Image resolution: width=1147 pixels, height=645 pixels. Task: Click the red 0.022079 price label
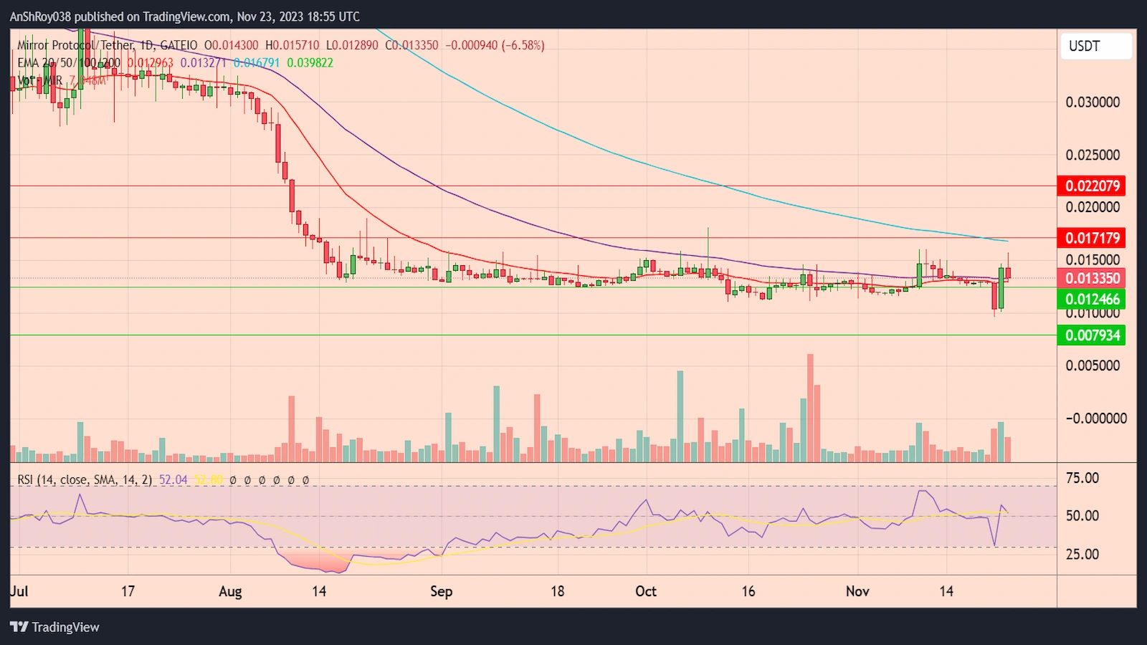[1091, 186]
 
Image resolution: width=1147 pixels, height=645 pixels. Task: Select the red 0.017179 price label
[1091, 238]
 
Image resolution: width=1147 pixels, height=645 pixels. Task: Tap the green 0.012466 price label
[1091, 300]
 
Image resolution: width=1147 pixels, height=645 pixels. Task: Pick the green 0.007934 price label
[1091, 335]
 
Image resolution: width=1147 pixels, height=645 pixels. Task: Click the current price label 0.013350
[1091, 278]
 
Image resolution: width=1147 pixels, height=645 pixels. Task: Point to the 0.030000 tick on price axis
[1093, 102]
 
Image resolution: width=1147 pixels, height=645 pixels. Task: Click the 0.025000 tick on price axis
[1093, 155]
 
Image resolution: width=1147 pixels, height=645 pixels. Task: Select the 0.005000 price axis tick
[1093, 365]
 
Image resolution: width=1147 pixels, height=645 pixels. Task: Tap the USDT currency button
[1095, 47]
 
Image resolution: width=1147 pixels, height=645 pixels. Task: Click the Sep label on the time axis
[441, 591]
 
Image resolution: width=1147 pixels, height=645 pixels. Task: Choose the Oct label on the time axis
[646, 591]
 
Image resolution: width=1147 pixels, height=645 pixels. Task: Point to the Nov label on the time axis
[857, 591]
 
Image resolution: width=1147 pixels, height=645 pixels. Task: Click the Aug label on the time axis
[230, 591]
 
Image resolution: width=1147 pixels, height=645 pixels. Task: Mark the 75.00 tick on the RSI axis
[1082, 478]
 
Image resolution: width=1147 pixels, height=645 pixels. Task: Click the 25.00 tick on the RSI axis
[1082, 554]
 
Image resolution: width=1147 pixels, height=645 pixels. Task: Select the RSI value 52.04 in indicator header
[173, 479]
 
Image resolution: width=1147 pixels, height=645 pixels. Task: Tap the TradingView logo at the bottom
[55, 627]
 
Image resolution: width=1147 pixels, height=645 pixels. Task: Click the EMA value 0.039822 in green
[310, 63]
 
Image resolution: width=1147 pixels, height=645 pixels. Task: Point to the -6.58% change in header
[523, 45]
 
